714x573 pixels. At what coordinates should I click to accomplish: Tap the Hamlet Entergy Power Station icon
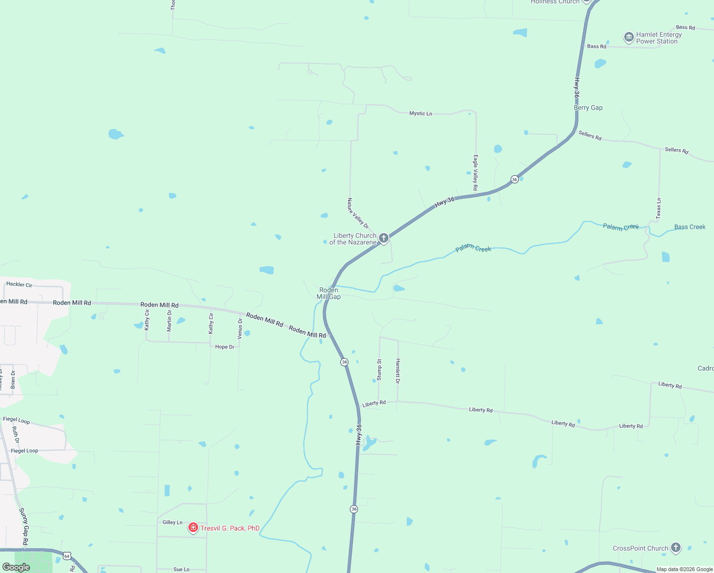pyautogui.click(x=629, y=37)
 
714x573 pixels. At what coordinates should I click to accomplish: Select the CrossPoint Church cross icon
pyautogui.click(x=675, y=548)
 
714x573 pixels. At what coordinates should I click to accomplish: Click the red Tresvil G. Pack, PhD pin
pyautogui.click(x=193, y=528)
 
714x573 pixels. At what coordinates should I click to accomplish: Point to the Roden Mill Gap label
pyautogui.click(x=329, y=293)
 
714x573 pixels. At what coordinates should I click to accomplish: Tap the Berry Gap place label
pyautogui.click(x=588, y=108)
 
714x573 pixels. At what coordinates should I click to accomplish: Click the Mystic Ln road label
pyautogui.click(x=420, y=114)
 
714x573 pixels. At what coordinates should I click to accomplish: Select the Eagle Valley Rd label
pyautogui.click(x=475, y=172)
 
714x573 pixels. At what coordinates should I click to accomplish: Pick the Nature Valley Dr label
pyautogui.click(x=358, y=213)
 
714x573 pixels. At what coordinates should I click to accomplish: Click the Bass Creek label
pyautogui.click(x=690, y=227)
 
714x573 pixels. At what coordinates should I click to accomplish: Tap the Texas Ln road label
pyautogui.click(x=659, y=208)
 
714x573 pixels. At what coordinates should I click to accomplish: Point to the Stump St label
pyautogui.click(x=379, y=370)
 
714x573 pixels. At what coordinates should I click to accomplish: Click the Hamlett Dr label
pyautogui.click(x=398, y=371)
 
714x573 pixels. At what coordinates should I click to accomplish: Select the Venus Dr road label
pyautogui.click(x=240, y=329)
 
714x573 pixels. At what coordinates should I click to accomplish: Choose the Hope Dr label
pyautogui.click(x=225, y=347)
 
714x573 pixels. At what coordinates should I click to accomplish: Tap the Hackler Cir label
pyautogui.click(x=19, y=285)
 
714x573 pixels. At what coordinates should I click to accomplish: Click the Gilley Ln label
pyautogui.click(x=172, y=522)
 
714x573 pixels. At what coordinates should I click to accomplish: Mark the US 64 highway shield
pyautogui.click(x=67, y=556)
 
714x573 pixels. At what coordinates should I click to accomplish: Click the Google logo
pyautogui.click(x=16, y=567)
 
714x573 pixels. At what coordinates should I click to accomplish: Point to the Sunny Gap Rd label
pyautogui.click(x=24, y=527)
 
